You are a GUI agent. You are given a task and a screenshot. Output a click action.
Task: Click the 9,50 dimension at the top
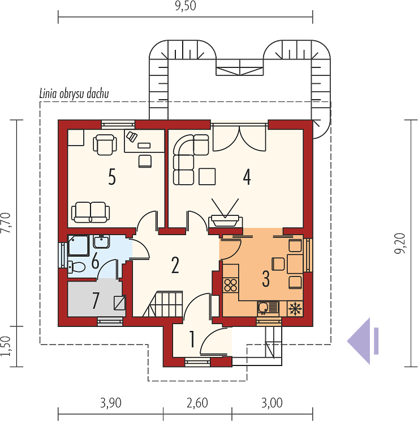[x=186, y=6]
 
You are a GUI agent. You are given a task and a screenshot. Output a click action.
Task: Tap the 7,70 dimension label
[x=6, y=223]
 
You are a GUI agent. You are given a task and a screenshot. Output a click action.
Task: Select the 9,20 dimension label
[x=400, y=243]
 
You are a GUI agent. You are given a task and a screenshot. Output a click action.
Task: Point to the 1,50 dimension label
[x=6, y=346]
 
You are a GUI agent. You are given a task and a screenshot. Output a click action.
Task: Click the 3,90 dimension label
[x=111, y=403]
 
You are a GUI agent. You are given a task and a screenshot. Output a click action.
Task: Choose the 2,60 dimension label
[x=197, y=403]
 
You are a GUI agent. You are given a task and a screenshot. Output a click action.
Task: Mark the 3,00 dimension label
[x=272, y=403]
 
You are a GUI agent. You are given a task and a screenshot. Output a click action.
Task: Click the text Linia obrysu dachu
[x=74, y=93]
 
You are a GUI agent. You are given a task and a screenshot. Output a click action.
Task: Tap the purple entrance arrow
[x=363, y=341]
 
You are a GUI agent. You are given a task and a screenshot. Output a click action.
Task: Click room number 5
[x=112, y=177]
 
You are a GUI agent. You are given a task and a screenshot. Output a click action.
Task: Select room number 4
[x=247, y=177]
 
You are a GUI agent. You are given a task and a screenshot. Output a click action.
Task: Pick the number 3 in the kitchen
[x=265, y=279]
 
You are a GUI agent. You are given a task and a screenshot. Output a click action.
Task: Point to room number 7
[x=96, y=300]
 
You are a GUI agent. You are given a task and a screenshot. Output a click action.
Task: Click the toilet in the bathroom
[x=76, y=267]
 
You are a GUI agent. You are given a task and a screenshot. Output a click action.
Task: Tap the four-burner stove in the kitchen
[x=230, y=285]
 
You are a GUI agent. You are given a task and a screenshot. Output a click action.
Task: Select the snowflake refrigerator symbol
[x=295, y=308]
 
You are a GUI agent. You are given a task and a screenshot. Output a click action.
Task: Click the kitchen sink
[x=268, y=308]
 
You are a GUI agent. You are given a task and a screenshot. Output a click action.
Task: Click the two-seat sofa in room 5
[x=91, y=212]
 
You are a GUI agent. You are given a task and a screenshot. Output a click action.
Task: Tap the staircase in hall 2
[x=163, y=304]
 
